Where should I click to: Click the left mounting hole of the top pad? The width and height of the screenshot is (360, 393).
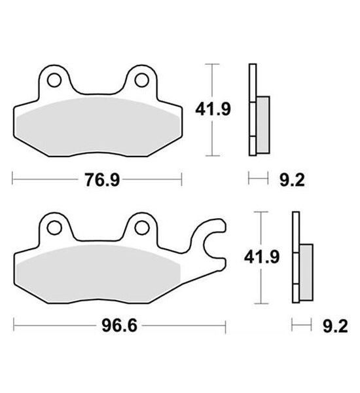[54, 80]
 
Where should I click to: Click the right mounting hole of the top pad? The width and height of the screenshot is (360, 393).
[141, 80]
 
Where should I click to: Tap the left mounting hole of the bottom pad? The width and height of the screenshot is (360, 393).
[54, 228]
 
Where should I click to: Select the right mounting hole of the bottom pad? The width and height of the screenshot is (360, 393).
[141, 228]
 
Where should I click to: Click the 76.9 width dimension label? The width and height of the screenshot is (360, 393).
[102, 179]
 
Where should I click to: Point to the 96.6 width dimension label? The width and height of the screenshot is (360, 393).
[120, 326]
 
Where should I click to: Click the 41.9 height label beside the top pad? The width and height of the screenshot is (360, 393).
[213, 109]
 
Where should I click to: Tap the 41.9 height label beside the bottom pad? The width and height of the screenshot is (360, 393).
[262, 257]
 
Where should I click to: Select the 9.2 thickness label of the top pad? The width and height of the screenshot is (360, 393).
[292, 179]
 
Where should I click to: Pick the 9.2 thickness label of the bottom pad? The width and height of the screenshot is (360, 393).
[335, 326]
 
